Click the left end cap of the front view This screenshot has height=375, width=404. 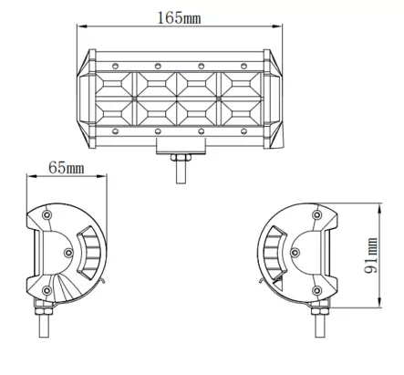88,99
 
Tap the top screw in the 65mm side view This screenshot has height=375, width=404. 47,214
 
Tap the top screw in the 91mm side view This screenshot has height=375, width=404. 316,214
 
